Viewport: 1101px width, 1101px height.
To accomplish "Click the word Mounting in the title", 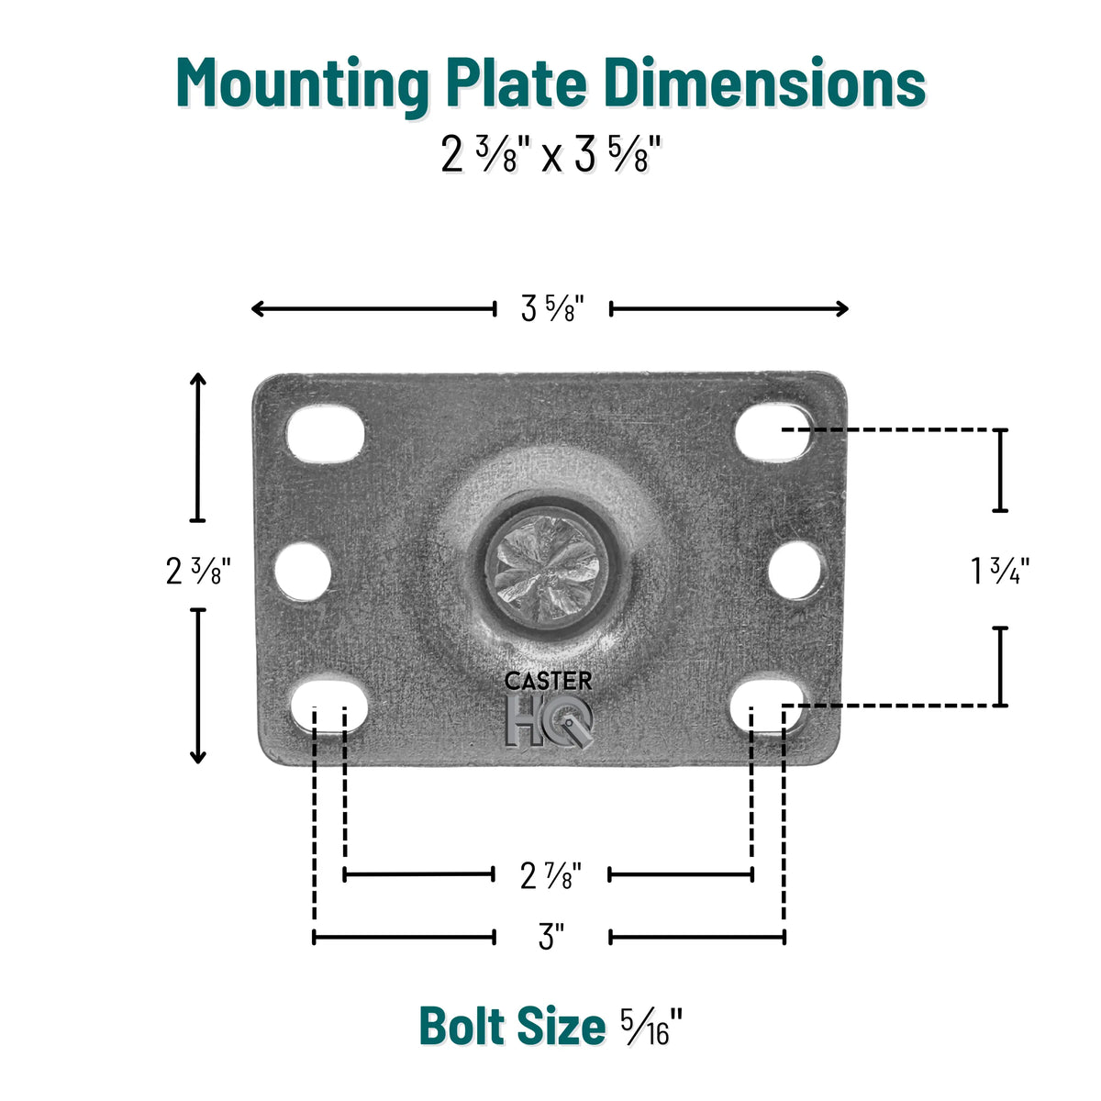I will click(x=303, y=84).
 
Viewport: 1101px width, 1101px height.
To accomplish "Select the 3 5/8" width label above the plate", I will click(x=552, y=309).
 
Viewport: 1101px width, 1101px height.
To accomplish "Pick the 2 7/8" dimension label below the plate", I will click(x=550, y=875).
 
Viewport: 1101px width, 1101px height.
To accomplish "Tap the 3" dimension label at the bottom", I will click(x=550, y=937).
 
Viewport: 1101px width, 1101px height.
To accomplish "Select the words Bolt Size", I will click(x=512, y=1026).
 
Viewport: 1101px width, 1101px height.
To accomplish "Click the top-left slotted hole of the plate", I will click(x=326, y=434).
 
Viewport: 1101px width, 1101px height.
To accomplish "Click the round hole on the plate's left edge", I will click(x=303, y=571).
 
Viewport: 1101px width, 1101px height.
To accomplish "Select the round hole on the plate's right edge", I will click(x=795, y=571).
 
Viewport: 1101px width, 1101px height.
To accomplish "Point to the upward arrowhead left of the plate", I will click(x=197, y=379).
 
